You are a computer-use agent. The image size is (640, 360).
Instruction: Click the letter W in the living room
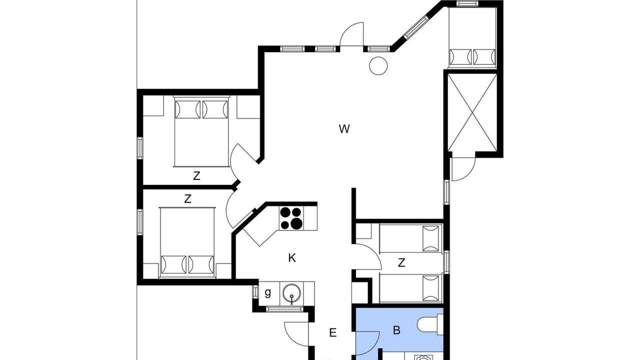point(344,129)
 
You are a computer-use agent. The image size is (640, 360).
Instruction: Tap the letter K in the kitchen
point(291,258)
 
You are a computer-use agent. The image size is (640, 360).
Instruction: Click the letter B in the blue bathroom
point(396,330)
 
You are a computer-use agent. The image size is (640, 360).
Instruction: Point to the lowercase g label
point(267,293)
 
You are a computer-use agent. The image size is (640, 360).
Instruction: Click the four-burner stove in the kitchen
point(291,218)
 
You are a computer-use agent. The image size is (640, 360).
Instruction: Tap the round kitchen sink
point(291,293)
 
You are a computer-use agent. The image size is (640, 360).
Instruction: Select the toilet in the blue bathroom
point(430,324)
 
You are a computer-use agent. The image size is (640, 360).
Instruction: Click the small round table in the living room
point(378,66)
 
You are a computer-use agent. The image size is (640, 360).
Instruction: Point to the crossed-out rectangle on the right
point(472,112)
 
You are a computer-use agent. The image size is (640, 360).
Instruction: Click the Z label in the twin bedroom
point(401,262)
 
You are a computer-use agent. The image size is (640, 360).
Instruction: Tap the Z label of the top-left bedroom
point(196,176)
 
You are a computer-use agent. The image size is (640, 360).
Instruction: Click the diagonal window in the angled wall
point(416,27)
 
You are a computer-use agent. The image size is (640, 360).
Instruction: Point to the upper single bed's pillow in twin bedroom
point(430,238)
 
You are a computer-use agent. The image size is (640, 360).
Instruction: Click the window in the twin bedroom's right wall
point(446,262)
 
